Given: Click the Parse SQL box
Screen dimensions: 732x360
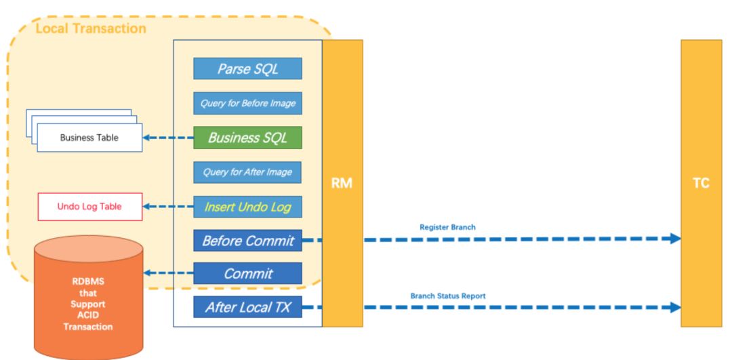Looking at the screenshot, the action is [247, 68].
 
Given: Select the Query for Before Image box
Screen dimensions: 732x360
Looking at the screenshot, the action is [247, 103].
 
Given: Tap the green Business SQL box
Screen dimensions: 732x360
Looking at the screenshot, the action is [247, 138].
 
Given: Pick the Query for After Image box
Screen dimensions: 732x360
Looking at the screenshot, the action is [247, 172].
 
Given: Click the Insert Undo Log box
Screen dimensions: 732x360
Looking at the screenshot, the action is [247, 207].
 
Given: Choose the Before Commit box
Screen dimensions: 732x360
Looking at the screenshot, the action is [247, 241].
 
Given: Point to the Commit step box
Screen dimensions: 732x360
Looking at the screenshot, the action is [247, 273].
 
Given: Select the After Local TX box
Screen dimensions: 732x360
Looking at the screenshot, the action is [247, 307].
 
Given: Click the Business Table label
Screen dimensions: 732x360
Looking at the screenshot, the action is [89, 138].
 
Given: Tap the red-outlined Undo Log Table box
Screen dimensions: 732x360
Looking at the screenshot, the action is [89, 206].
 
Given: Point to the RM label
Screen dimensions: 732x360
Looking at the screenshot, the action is [342, 184].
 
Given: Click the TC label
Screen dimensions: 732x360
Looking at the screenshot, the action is [701, 184].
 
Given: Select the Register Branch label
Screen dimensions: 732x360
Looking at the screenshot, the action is [448, 227].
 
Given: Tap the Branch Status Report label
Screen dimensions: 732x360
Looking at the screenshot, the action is [448, 296].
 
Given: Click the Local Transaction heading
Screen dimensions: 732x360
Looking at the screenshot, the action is [91, 28].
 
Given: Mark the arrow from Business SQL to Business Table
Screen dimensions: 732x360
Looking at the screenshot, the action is [168, 138].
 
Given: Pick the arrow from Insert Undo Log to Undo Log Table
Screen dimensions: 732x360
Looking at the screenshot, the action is [168, 206].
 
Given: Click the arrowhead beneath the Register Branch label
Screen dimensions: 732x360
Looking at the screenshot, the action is [676, 238].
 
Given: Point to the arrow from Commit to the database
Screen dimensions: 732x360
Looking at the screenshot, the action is [168, 273].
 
